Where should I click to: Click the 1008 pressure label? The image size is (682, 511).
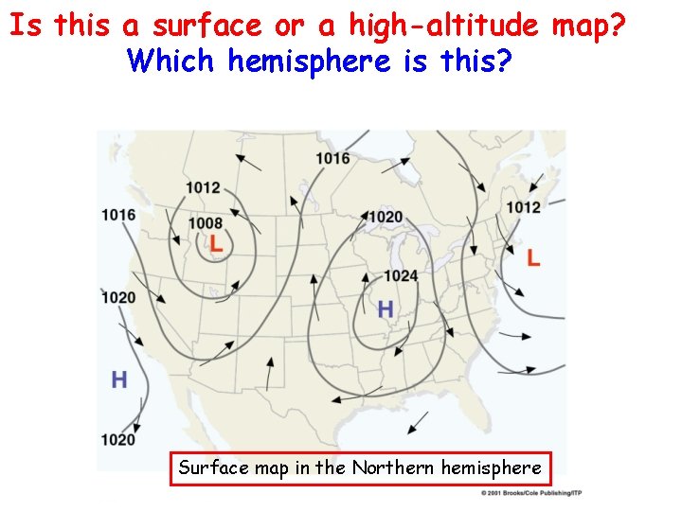click(x=205, y=223)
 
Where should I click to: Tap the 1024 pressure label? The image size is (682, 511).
click(x=401, y=276)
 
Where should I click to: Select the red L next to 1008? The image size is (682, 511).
click(x=217, y=243)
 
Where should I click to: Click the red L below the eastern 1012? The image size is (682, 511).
click(x=533, y=257)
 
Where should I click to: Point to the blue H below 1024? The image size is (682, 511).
click(x=385, y=308)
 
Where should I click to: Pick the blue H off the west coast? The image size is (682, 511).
click(x=119, y=380)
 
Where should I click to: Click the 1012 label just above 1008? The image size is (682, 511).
click(x=203, y=187)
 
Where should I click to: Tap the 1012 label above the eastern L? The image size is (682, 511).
click(x=523, y=207)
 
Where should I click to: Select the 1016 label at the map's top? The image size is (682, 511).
click(x=332, y=158)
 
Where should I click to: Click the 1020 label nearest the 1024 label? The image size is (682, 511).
click(x=386, y=217)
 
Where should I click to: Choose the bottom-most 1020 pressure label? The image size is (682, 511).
click(x=117, y=440)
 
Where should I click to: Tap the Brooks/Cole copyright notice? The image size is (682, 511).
click(x=530, y=493)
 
